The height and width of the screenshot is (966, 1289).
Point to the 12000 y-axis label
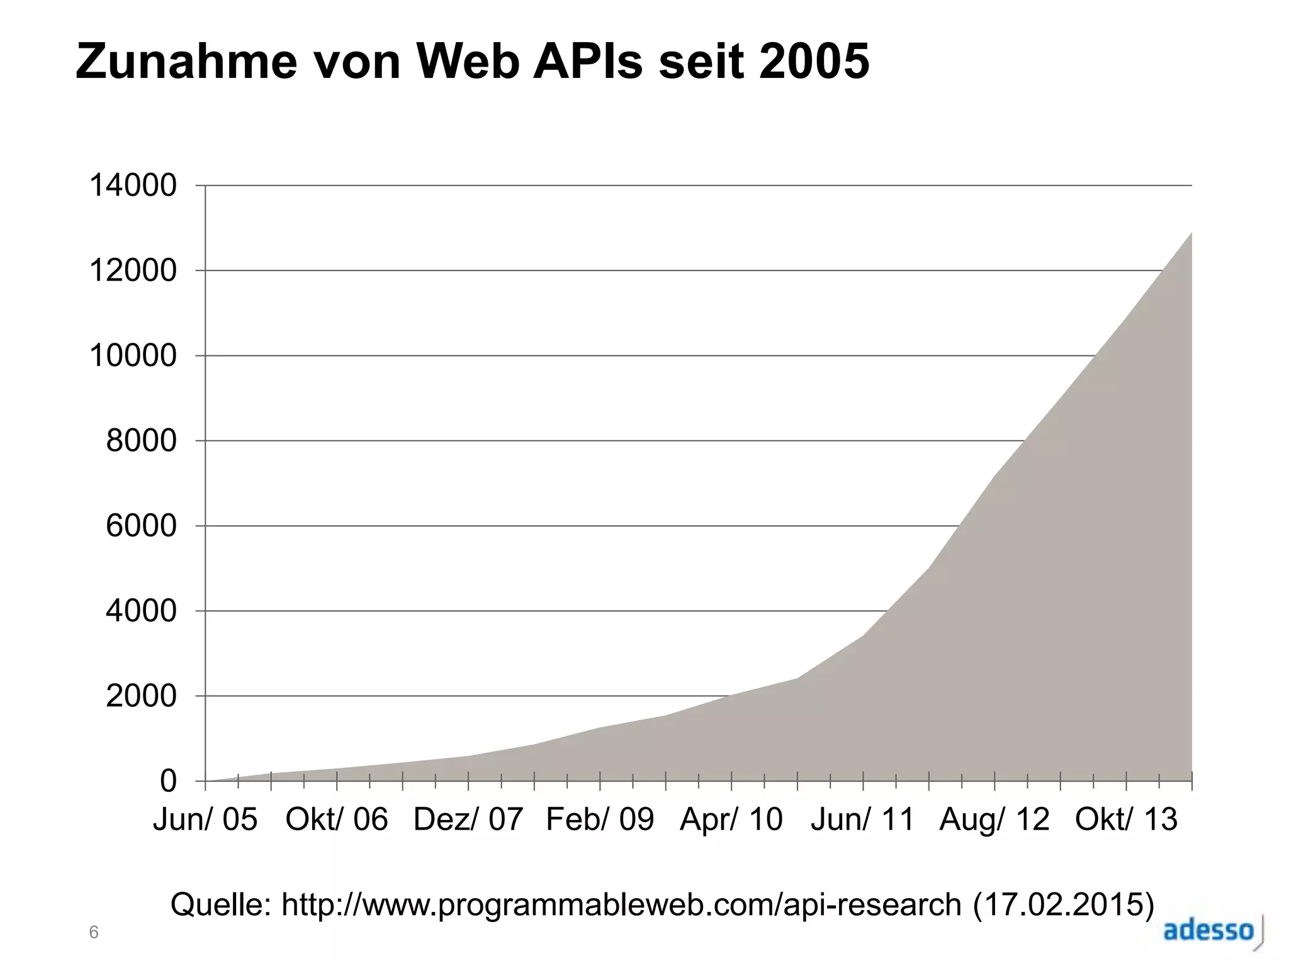133,271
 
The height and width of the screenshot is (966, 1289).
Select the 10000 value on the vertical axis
133,356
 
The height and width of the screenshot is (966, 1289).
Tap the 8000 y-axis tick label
141,441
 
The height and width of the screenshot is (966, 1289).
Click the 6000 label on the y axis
141,526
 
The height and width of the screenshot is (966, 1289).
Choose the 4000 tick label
141,611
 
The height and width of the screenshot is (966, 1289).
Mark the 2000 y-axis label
141,696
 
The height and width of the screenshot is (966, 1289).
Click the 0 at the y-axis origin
168,782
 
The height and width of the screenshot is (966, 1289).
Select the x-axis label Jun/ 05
205,819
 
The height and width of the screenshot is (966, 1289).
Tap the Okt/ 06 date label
337,819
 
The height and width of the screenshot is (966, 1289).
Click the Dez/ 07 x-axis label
468,819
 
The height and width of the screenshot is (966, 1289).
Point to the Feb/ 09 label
600,819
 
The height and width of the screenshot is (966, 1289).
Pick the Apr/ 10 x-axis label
731,819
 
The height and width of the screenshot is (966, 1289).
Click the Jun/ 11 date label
862,819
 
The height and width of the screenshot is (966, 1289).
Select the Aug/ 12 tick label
994,819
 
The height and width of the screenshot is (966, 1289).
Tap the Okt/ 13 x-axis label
1126,819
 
